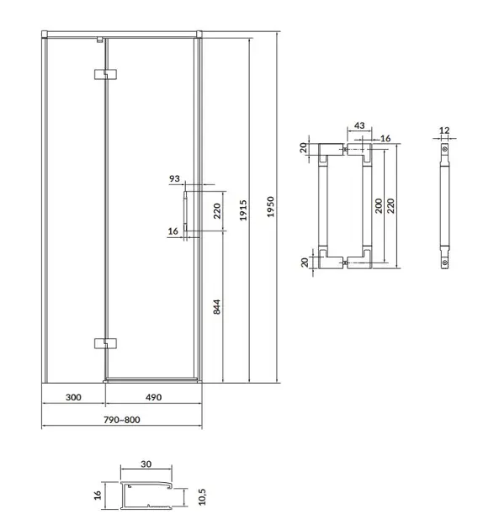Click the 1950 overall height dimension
click(270, 206)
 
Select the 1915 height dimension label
click(243, 210)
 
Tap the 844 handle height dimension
click(217, 307)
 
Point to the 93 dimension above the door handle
click(174, 178)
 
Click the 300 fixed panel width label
click(73, 397)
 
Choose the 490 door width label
click(153, 397)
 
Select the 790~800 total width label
click(122, 420)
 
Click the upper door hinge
click(105, 74)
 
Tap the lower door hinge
click(105, 343)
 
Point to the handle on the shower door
click(185, 211)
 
